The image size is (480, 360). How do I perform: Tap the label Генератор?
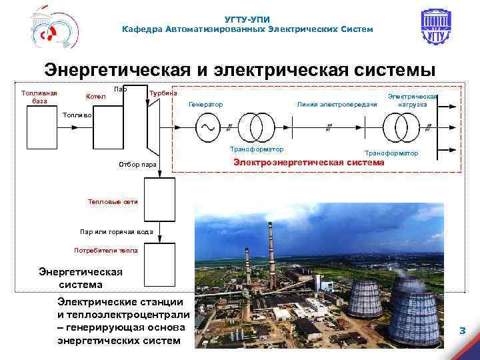tap(206, 104)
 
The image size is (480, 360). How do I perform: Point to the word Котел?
tap(96, 97)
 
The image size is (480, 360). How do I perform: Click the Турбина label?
tap(164, 93)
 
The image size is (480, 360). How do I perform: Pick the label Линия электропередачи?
tap(337, 104)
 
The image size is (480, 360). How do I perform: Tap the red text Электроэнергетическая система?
tap(309, 162)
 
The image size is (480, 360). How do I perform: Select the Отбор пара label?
tap(137, 163)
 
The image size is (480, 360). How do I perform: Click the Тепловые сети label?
tap(113, 201)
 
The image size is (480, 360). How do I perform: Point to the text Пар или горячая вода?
tap(117, 232)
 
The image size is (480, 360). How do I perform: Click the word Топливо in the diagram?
tap(78, 115)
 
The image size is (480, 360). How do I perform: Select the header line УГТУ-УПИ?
tap(248, 20)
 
